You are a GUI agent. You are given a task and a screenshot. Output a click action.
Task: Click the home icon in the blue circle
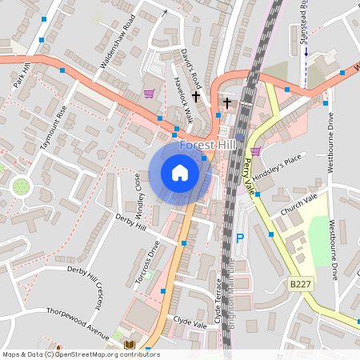(179, 172)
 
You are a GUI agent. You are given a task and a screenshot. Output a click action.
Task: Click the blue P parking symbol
(239, 238)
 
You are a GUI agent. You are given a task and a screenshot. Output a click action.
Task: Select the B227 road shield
(300, 284)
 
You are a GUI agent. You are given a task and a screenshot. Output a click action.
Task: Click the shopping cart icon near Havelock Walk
(149, 94)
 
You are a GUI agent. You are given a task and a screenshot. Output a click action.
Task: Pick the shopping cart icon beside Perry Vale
(255, 150)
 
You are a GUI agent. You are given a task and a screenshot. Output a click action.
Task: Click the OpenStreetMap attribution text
(80, 354)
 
